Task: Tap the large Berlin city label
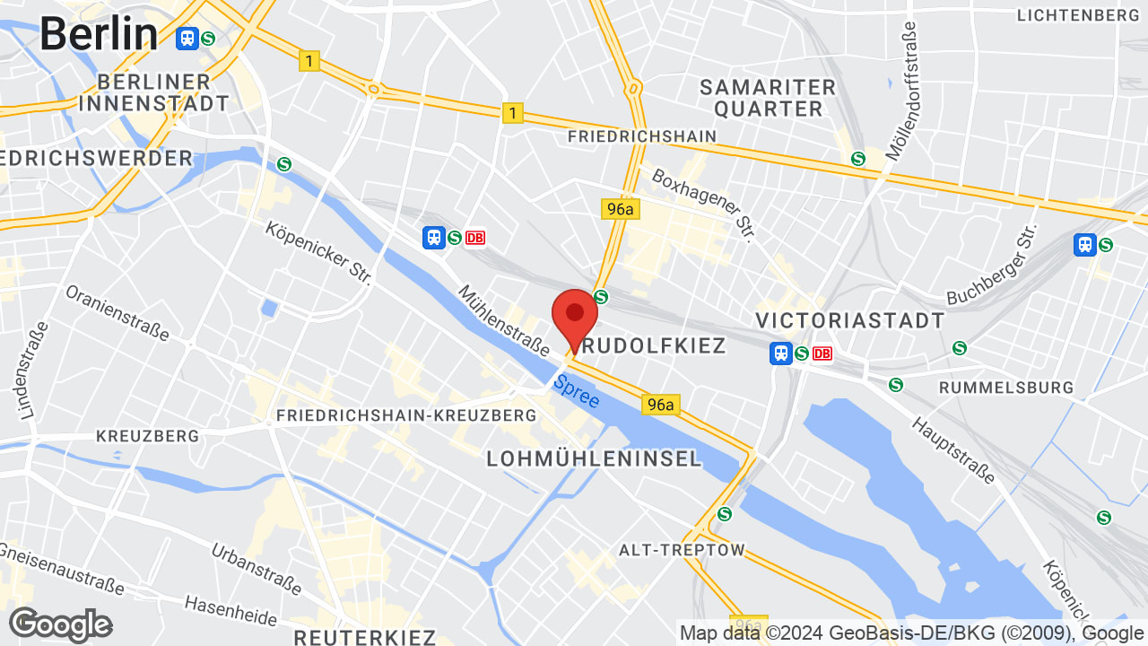[99, 35]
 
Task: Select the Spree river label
[576, 391]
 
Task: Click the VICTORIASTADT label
[849, 320]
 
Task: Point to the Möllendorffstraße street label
[900, 92]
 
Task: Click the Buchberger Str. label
[992, 265]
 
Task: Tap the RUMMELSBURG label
[1005, 388]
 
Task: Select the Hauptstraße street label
[953, 449]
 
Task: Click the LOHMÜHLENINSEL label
[594, 458]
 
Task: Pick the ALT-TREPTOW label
[682, 549]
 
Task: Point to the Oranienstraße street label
[117, 312]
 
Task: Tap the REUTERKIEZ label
[365, 637]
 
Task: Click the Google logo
[60, 624]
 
